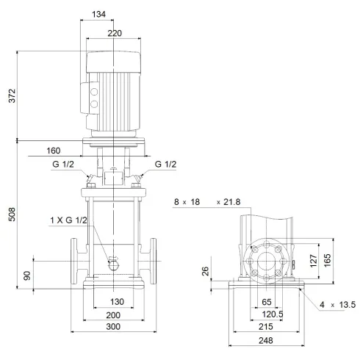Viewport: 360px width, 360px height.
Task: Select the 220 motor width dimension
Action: [x=112, y=33]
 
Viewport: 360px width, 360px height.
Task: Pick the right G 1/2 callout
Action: [x=166, y=165]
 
